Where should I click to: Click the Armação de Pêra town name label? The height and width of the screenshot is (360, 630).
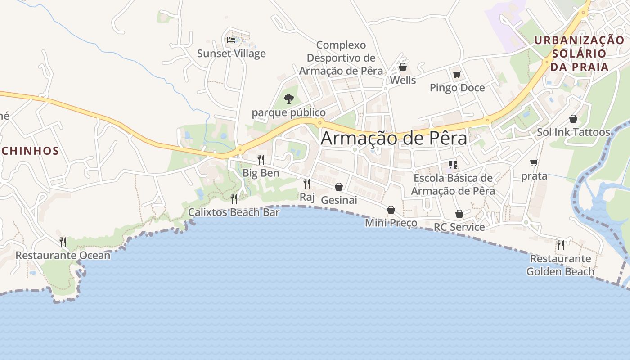pos(394,138)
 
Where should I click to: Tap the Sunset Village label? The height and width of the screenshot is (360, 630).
pos(231,54)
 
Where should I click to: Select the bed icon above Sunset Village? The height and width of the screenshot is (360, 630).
pos(231,40)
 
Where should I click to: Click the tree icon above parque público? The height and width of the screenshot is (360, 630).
pos(289,98)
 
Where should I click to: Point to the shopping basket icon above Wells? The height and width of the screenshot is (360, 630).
pos(403,67)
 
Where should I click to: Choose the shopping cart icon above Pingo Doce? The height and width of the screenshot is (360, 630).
pos(457,74)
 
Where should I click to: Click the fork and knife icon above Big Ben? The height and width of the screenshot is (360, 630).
pos(261,159)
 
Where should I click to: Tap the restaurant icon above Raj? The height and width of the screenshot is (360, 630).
pos(307,183)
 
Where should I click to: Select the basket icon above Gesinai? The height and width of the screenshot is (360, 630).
pos(339,186)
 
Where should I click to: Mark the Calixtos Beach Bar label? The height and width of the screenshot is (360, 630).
pos(234,212)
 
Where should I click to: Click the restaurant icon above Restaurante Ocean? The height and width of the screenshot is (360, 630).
pos(63,242)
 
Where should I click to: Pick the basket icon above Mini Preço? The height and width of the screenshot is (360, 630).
pos(391,209)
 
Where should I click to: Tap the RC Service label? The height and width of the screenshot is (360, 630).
pos(459,227)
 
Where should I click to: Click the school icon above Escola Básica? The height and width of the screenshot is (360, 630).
pos(453,165)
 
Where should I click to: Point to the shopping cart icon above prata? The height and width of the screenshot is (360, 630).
pos(534,162)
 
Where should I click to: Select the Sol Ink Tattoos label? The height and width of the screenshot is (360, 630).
pos(573,132)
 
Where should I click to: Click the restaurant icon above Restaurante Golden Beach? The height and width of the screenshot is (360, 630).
pos(561,245)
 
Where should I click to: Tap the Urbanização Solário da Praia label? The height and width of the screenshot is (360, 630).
pos(580,53)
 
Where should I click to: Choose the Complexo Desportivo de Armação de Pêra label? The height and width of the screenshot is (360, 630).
pos(341,58)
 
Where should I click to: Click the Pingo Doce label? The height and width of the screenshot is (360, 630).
pos(457,88)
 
